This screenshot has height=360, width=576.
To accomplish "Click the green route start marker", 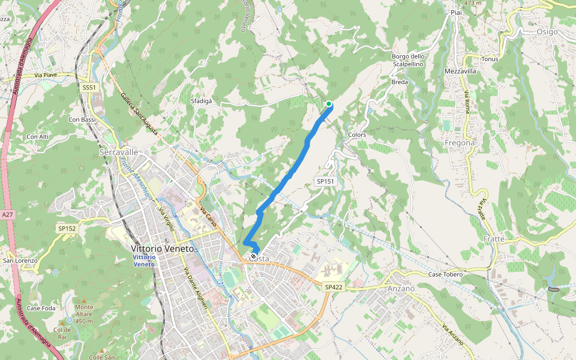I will click(329, 104).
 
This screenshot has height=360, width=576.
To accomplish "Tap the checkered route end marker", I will click(254, 258).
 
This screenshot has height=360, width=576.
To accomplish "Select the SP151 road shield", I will click(325, 181).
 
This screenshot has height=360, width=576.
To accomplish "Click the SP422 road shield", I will click(334, 287).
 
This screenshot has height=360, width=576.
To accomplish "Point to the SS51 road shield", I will click(89, 88).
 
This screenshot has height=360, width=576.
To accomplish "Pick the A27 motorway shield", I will click(7, 214).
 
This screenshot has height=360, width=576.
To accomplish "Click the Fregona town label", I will click(460, 143).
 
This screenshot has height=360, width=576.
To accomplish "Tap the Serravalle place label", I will click(119, 152).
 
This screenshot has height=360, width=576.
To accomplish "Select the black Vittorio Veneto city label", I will click(163, 248).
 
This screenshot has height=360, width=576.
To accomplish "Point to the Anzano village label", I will click(401, 289).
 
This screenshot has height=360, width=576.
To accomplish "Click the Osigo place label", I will click(547, 32).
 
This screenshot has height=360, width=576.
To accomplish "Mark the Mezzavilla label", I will click(461, 71).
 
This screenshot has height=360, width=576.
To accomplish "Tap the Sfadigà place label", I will click(202, 101).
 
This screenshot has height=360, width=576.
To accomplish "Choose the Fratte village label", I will click(493, 239).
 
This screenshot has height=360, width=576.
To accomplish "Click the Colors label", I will click(357, 135).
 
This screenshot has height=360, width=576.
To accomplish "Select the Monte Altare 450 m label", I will click(84, 314).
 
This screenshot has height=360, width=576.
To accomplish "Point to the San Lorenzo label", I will click(20, 260).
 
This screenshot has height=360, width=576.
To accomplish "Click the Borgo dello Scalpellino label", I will click(408, 60).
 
